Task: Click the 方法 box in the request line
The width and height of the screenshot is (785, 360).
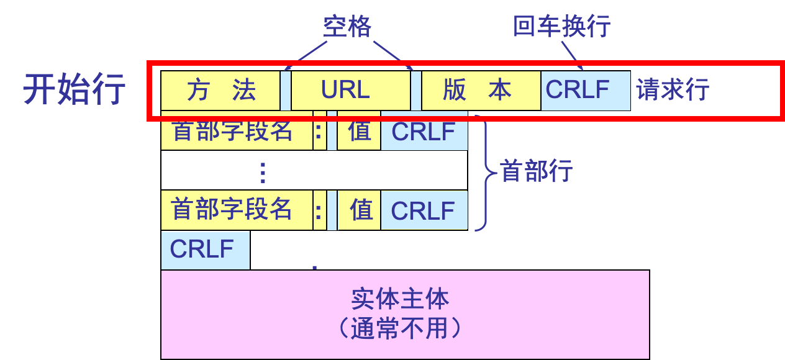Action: point(220,91)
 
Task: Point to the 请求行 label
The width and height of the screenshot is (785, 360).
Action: point(672,91)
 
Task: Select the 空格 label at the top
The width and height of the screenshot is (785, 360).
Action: point(347,27)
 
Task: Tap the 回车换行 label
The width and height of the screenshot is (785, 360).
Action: point(561,27)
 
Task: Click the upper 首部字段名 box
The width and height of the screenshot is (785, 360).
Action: point(237,132)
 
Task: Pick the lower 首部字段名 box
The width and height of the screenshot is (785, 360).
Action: point(237,210)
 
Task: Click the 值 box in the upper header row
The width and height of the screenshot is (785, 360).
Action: point(360,132)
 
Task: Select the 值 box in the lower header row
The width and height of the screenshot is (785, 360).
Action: point(360,210)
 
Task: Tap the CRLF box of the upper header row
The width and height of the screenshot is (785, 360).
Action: point(424,132)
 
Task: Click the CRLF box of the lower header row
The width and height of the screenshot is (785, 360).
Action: point(424,210)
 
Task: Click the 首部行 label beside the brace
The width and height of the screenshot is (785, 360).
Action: point(537,171)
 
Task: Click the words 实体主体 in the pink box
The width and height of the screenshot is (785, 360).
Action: point(400,299)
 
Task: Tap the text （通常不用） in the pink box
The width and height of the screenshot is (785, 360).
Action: point(400,328)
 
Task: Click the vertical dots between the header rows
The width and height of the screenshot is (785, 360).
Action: point(263,172)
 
